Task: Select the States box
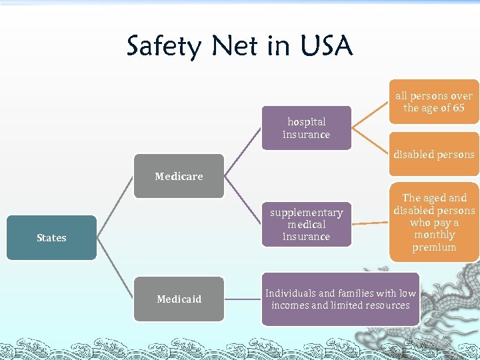point(51,237)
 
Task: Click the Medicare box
point(179,176)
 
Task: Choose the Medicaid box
point(179,299)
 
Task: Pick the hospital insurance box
point(306,128)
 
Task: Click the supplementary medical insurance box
point(306,224)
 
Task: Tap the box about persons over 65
point(434,101)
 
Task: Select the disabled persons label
point(434,155)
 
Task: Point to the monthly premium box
point(434,222)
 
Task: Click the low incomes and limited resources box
point(341,299)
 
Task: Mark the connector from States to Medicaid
point(115,268)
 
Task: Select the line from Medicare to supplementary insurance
point(243,200)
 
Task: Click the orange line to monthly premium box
point(370,223)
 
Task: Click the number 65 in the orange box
point(457,108)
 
